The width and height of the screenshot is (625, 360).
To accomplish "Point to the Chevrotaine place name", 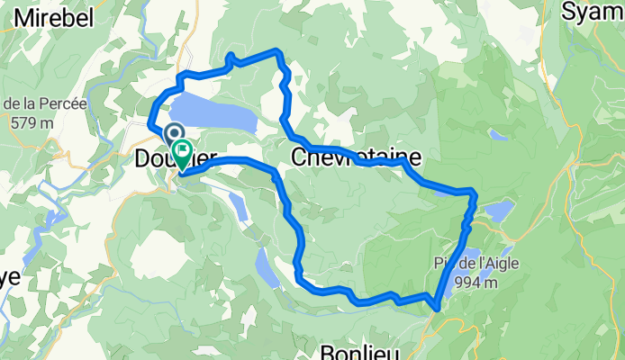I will [348, 157].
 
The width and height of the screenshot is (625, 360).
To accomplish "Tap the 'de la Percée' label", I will [44, 103].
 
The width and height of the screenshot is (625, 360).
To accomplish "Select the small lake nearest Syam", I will [498, 135].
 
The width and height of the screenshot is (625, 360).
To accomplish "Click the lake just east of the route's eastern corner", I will [497, 211].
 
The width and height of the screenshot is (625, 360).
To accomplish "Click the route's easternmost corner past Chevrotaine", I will [474, 192].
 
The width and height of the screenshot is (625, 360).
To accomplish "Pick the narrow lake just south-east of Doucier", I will [238, 205].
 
